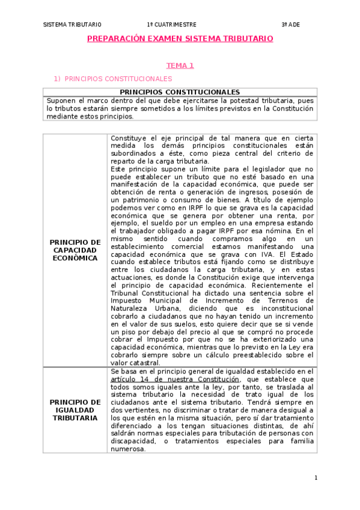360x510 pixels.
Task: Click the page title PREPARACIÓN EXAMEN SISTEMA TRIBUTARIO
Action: point(180,38)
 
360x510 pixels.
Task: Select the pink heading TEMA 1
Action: point(180,66)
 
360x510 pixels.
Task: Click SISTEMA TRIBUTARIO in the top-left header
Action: point(73,25)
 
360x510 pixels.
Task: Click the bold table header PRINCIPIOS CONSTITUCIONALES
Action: point(180,92)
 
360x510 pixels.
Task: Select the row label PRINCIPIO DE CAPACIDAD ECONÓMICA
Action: point(75,250)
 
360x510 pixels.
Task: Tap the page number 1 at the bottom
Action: point(316,478)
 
